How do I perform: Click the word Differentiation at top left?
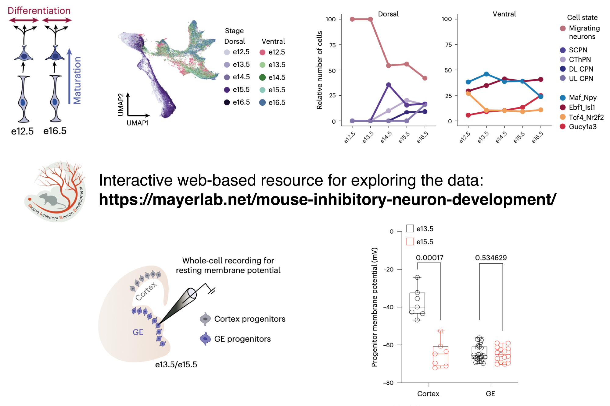click(x=39, y=11)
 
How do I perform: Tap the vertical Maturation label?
click(x=77, y=80)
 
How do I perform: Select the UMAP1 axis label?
click(x=138, y=123)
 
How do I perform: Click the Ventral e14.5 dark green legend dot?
click(x=262, y=77)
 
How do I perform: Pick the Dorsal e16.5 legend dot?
click(x=227, y=102)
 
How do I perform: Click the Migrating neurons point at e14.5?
click(x=389, y=65)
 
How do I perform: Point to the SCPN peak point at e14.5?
click(x=389, y=85)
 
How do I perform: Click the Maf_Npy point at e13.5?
click(x=486, y=74)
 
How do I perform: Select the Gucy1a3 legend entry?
click(x=583, y=127)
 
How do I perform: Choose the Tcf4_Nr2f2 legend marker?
click(x=563, y=117)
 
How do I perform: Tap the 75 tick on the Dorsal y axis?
click(x=332, y=45)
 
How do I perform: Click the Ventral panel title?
click(x=504, y=14)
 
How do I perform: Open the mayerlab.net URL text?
click(x=327, y=199)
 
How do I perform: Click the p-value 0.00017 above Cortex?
click(x=429, y=258)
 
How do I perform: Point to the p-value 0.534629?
click(x=491, y=258)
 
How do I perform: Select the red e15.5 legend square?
click(x=410, y=242)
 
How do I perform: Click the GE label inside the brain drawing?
click(x=138, y=332)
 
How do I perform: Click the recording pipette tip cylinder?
click(x=192, y=294)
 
